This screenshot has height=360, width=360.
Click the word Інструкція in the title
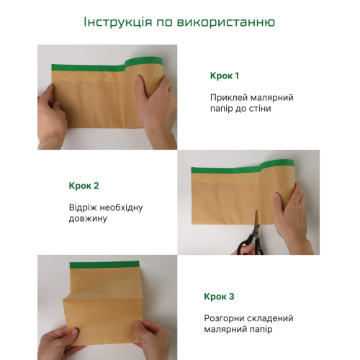[x=118, y=22]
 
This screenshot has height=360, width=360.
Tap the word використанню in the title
[x=226, y=22]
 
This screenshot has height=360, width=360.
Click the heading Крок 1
[x=225, y=76]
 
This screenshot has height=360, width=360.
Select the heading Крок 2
[x=84, y=186]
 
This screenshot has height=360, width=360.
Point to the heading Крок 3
[x=219, y=297]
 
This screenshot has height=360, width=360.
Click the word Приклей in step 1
[x=229, y=98]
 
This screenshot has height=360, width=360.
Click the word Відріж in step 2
[x=82, y=207]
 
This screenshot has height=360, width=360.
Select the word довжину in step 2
[x=88, y=219]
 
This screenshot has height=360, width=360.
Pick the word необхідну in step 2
[x=121, y=207]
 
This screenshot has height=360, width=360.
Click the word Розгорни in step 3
[x=224, y=318]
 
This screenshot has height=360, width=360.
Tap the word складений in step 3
[x=270, y=318]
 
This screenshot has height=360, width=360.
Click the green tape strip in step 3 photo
[x=104, y=265]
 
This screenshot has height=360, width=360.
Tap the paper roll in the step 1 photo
[x=144, y=92]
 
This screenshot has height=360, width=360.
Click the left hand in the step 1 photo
[x=51, y=117]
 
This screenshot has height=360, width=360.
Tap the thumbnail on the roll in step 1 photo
[x=139, y=79]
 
